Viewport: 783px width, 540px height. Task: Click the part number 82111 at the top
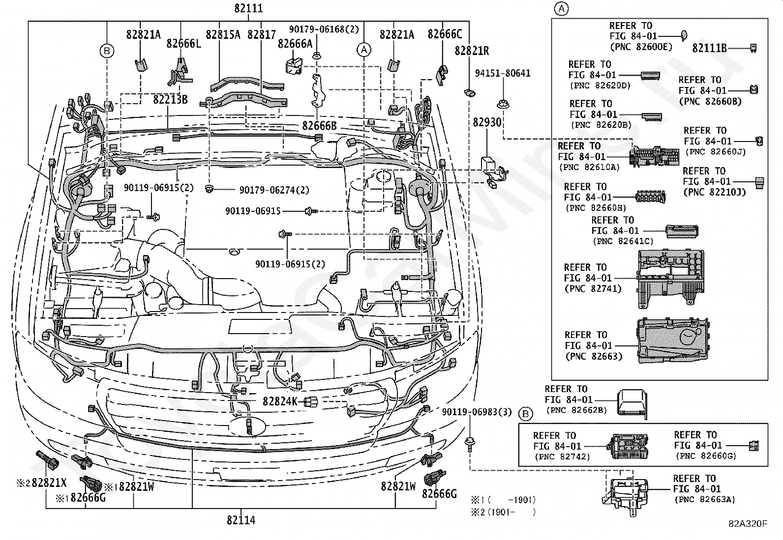coord(248,8)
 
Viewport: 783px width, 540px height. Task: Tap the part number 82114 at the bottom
coord(241,520)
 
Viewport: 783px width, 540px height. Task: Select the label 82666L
coord(184,43)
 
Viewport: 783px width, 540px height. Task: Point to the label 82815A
coord(223,34)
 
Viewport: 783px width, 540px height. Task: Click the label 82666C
coord(445,34)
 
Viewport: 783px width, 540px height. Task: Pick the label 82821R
coord(472,51)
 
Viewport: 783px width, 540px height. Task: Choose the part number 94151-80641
coord(503,73)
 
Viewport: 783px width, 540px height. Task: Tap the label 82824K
coord(280,401)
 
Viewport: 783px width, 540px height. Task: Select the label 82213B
coord(170,100)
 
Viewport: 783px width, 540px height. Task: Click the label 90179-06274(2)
coord(274,190)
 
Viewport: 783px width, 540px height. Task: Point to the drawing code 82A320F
coord(748,524)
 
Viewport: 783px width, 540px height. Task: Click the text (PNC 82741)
coord(593,288)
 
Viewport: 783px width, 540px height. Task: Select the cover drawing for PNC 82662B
coord(632,403)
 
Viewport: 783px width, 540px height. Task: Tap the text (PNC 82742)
coord(563,456)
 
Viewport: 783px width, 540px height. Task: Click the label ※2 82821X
coord(41,483)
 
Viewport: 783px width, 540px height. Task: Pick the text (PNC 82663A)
coord(705,500)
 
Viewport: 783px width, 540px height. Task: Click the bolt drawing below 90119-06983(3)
coord(470,445)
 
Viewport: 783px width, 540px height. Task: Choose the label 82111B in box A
coord(709,48)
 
